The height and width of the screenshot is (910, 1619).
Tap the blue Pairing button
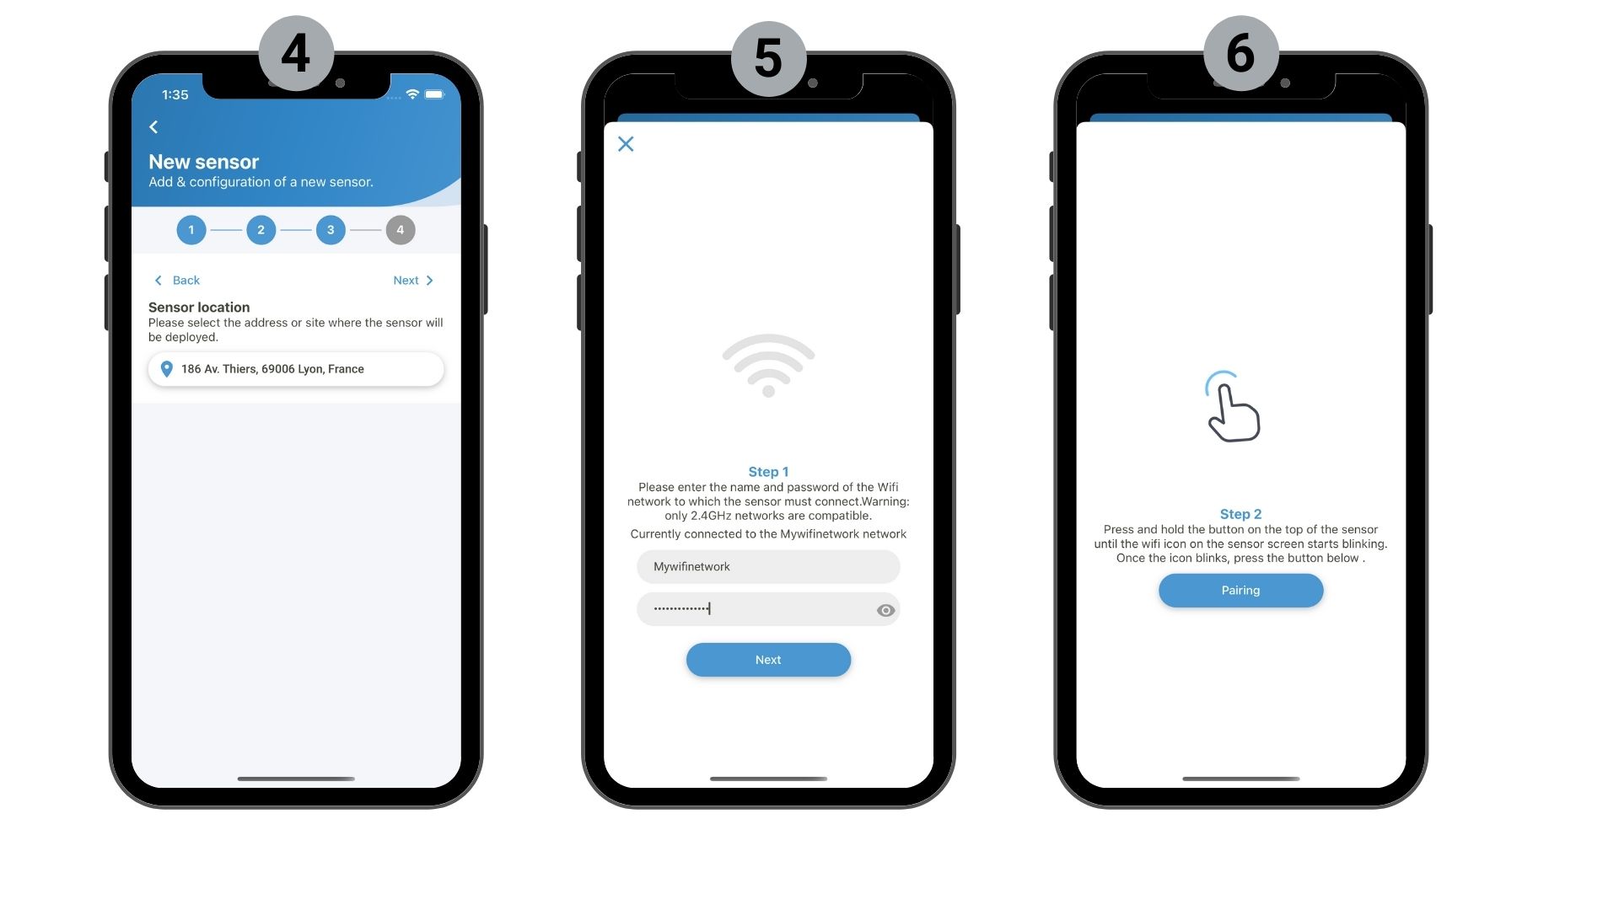[x=1240, y=591]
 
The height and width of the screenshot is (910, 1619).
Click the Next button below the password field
[x=768, y=660]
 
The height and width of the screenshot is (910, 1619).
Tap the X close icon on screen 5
[x=626, y=144]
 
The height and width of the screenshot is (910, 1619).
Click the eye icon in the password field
[x=885, y=610]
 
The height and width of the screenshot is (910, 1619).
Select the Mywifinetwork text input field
[x=768, y=567]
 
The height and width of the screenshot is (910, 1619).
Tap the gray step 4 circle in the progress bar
[x=401, y=230]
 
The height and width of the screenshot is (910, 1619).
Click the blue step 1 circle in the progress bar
[x=191, y=230]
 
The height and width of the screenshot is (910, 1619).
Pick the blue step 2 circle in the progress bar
[x=261, y=230]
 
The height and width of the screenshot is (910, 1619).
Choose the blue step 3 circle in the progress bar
[x=331, y=230]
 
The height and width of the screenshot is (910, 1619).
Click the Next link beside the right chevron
[x=406, y=281]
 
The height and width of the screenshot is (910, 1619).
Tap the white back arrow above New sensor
[x=153, y=127]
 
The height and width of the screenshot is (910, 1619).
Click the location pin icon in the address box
[x=167, y=369]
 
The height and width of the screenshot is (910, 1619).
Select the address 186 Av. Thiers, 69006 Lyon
[x=272, y=369]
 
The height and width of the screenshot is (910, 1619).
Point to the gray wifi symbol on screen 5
[x=768, y=365]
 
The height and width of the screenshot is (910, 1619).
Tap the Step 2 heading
[x=1240, y=514]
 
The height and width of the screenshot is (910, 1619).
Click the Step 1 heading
[x=768, y=472]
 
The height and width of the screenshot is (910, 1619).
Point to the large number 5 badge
[x=768, y=58]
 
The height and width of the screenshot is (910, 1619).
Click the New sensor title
[x=204, y=162]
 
